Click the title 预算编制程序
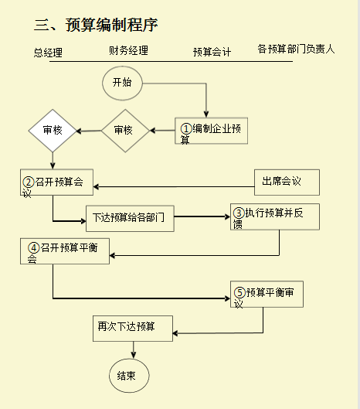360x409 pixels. click(97, 25)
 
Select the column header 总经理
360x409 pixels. click(48, 53)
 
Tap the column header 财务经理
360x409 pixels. click(128, 51)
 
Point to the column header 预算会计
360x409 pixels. click(212, 53)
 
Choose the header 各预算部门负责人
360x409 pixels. click(296, 49)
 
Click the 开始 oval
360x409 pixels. click(122, 83)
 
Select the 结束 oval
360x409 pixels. click(127, 376)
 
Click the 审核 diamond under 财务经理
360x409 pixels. click(124, 130)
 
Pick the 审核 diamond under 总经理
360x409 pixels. click(53, 130)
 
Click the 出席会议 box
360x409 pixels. click(287, 182)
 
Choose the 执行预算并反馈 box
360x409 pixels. click(274, 216)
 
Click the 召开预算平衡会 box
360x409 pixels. click(63, 251)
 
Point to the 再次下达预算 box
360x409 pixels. click(132, 328)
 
